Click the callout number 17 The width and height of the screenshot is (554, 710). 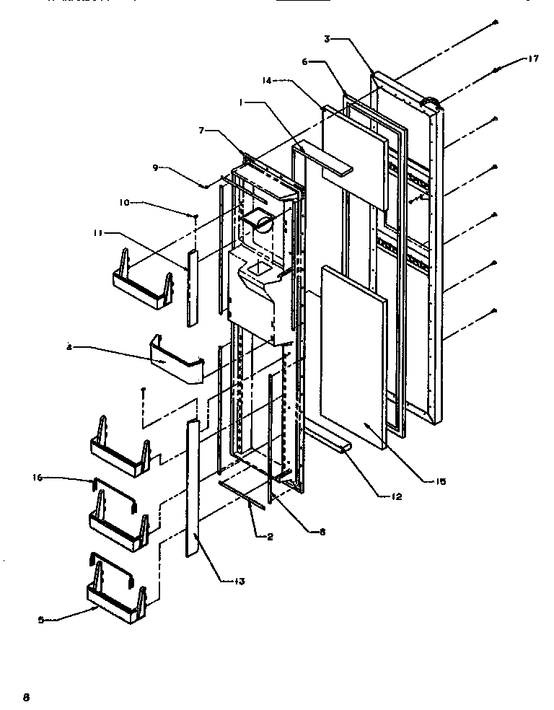click(533, 60)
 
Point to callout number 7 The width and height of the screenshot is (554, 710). click(203, 130)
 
